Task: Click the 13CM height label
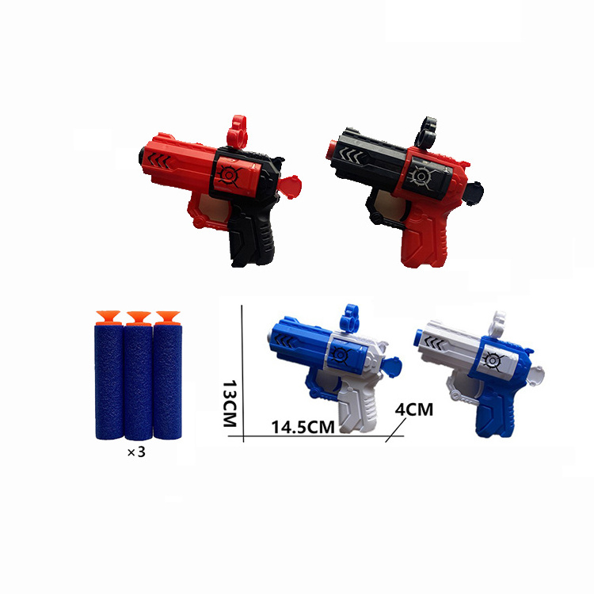pos(230,403)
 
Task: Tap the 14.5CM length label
pos(303,427)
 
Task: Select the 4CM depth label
pos(413,409)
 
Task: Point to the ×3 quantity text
pos(136,452)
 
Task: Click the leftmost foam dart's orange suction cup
pos(109,318)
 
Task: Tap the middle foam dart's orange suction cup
pos(139,318)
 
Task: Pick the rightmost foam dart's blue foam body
pos(167,381)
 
